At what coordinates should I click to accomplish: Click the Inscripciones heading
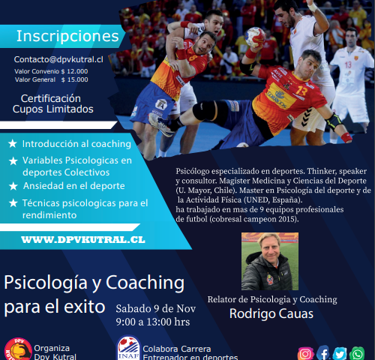[67, 36]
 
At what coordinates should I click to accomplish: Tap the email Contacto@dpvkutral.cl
[58, 59]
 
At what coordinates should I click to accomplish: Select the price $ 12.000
[74, 71]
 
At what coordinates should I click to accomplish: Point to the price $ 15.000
[74, 79]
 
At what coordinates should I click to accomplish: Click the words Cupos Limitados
[53, 109]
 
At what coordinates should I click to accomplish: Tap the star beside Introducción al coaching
[13, 144]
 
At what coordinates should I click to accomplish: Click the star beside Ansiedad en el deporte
[13, 186]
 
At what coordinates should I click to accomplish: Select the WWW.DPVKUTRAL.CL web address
[83, 240]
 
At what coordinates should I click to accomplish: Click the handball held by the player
[255, 37]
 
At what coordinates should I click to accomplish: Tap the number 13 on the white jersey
[348, 65]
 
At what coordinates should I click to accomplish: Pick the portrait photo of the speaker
[270, 262]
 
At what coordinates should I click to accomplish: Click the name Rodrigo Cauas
[271, 313]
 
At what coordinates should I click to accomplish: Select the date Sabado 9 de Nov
[156, 309]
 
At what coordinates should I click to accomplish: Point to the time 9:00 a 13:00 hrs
[153, 322]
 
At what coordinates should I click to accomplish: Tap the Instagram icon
[305, 354]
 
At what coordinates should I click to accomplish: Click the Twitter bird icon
[340, 354]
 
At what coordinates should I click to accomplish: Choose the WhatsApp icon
[357, 354]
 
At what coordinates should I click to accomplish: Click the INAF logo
[128, 348]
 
